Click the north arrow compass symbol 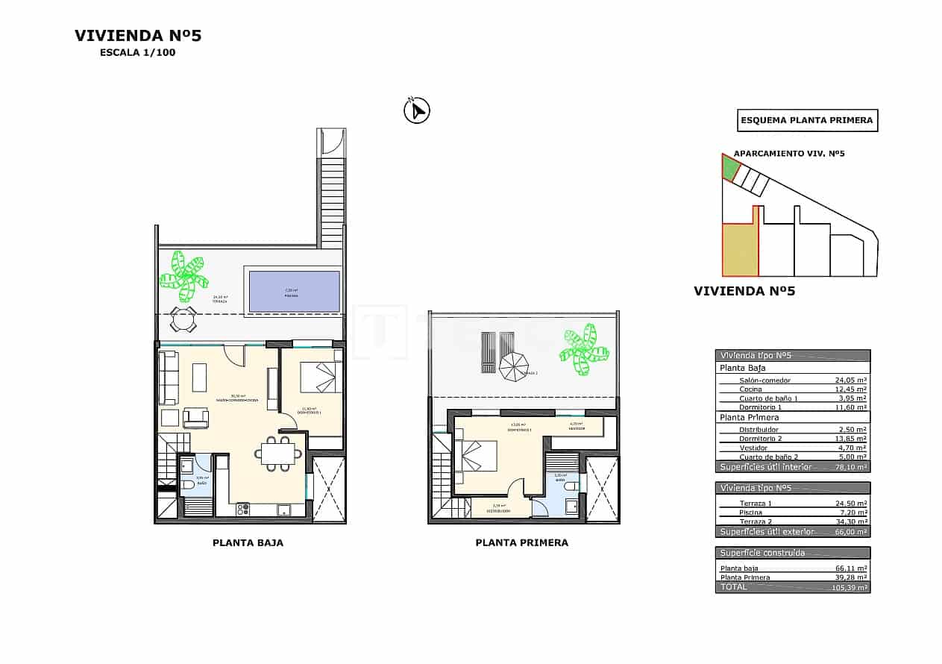(417, 110)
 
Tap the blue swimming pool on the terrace (294, 291)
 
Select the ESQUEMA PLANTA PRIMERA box (807, 120)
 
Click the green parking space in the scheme (730, 168)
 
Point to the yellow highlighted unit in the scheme (739, 248)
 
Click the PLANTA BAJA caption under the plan (248, 543)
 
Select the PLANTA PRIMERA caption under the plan (521, 543)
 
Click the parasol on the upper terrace (513, 366)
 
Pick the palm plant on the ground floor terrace (183, 275)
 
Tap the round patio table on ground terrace (183, 319)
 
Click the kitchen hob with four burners (243, 510)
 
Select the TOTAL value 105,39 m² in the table (849, 588)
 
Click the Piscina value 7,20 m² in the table (850, 513)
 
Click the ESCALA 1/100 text (137, 53)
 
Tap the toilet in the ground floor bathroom (188, 485)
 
